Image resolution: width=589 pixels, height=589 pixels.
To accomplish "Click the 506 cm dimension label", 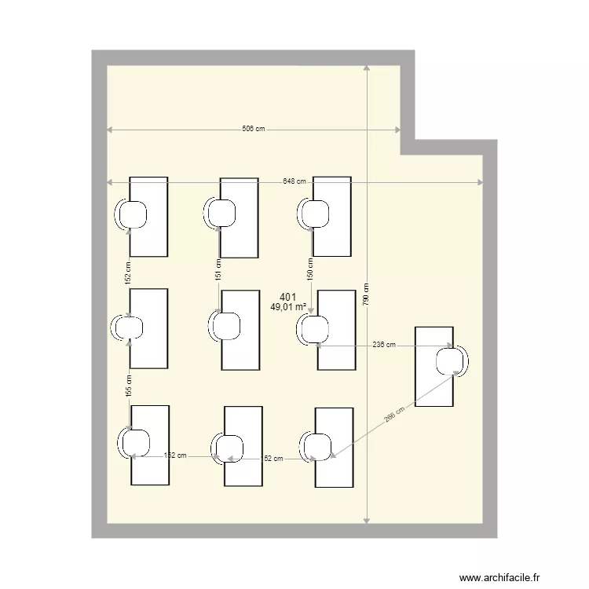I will click(253, 130).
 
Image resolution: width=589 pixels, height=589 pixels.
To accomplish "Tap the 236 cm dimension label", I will click(384, 345).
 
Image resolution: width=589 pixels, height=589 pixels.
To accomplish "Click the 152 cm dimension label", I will click(128, 272).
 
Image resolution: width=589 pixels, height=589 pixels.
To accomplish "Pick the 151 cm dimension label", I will click(219, 271).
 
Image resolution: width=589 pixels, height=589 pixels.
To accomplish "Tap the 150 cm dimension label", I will click(310, 269).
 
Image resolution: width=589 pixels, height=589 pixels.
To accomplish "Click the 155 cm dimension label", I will click(129, 385).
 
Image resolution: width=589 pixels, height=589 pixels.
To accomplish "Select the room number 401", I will click(288, 297).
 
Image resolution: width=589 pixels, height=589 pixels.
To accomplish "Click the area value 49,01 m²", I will click(287, 308).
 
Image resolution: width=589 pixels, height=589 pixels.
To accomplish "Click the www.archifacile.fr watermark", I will click(500, 578).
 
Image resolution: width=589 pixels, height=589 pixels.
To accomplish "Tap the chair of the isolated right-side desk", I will click(452, 360).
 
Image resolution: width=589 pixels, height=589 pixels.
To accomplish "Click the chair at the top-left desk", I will click(132, 214).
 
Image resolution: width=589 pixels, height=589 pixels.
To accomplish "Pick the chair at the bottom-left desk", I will click(133, 442).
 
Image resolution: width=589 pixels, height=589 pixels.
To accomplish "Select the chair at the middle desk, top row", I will click(221, 213).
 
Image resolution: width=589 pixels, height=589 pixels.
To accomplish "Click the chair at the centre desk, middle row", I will click(225, 327).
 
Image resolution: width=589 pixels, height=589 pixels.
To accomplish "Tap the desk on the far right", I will click(434, 366).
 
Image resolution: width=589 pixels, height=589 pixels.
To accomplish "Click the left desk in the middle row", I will click(149, 328).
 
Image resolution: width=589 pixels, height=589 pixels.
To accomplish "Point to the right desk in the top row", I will click(331, 216).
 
